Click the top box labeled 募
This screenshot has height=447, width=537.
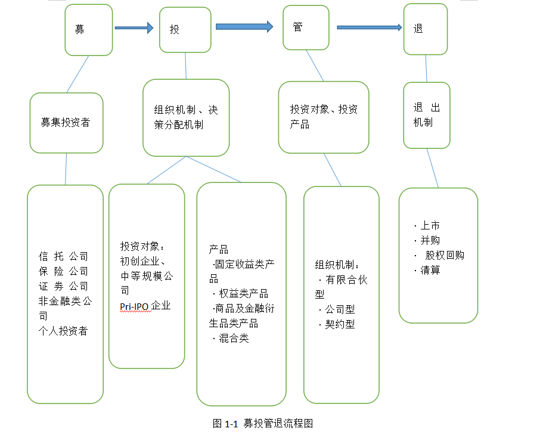pyautogui.click(x=88, y=30)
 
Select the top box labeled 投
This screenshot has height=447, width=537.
pyautogui.click(x=185, y=30)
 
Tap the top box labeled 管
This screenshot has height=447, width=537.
pyautogui.click(x=306, y=28)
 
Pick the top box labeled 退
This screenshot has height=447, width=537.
pyautogui.click(x=426, y=29)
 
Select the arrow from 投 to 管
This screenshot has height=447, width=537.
pyautogui.click(x=244, y=26)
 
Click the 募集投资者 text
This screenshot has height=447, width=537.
pyautogui.click(x=66, y=122)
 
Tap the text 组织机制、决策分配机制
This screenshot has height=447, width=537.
pyautogui.click(x=185, y=117)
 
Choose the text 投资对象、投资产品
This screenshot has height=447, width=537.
pyautogui.click(x=323, y=117)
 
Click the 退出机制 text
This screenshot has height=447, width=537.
pyautogui.click(x=426, y=115)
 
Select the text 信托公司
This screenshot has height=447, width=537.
pyautogui.click(x=64, y=256)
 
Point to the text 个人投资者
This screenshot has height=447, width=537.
pyautogui.click(x=63, y=331)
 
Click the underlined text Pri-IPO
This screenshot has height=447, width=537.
pyautogui.click(x=134, y=306)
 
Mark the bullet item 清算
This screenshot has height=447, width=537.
pyautogui.click(x=430, y=270)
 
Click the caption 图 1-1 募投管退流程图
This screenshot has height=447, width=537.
pyautogui.click(x=263, y=424)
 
